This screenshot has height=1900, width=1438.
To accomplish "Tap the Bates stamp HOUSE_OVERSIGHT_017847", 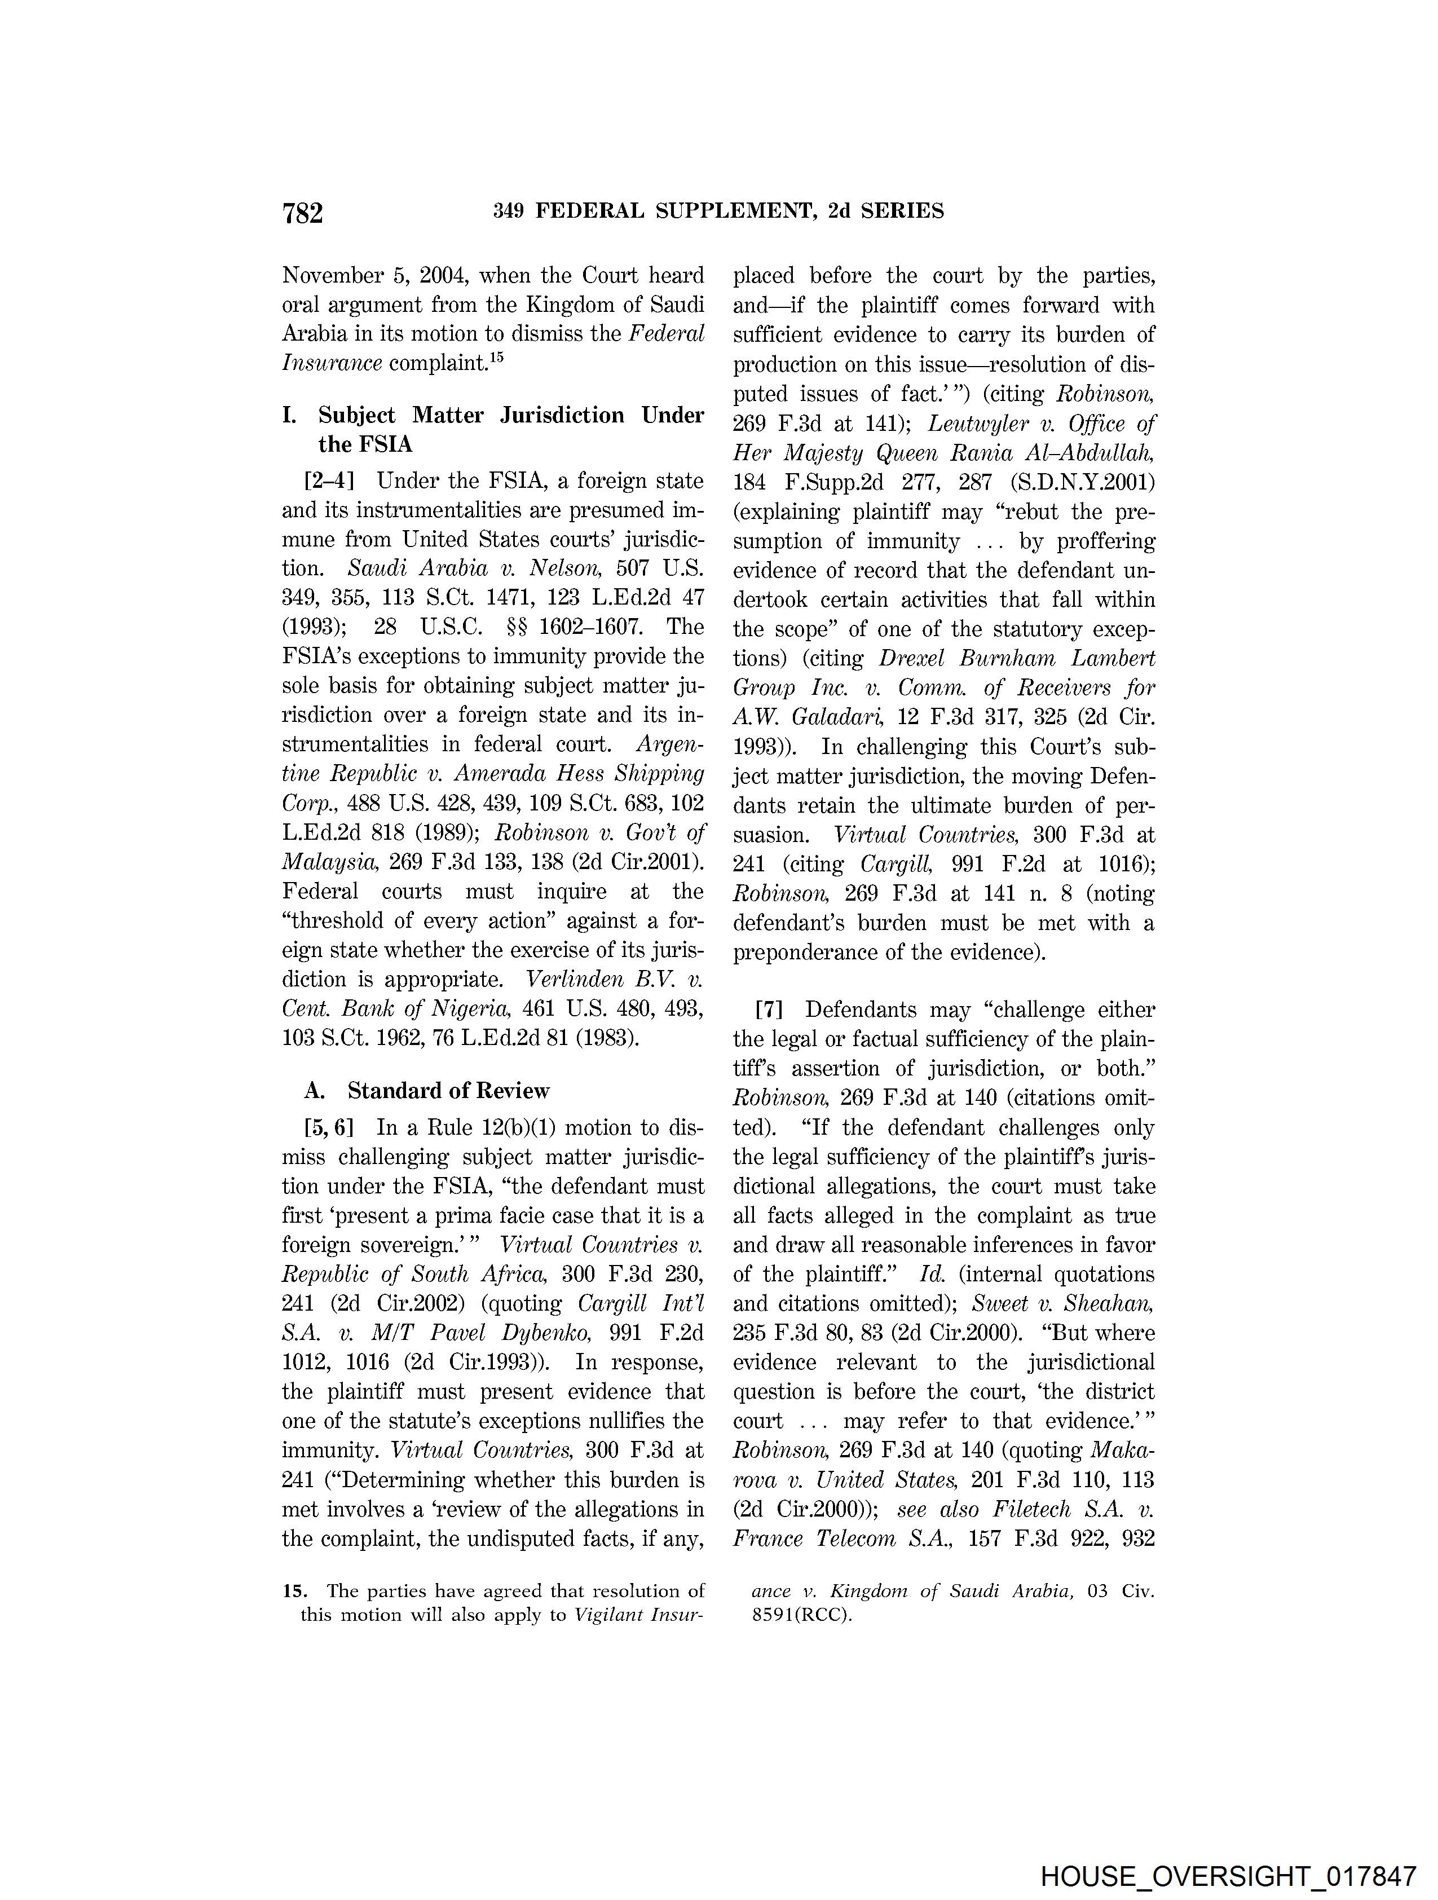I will [x=1228, y=1876].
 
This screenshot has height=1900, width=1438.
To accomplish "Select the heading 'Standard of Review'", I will [x=448, y=1091].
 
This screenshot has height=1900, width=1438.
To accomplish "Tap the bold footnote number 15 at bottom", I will [x=294, y=1592].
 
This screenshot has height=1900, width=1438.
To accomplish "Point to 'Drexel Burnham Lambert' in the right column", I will [x=1016, y=659].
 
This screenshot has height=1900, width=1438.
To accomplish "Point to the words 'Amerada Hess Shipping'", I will [x=579, y=774].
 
